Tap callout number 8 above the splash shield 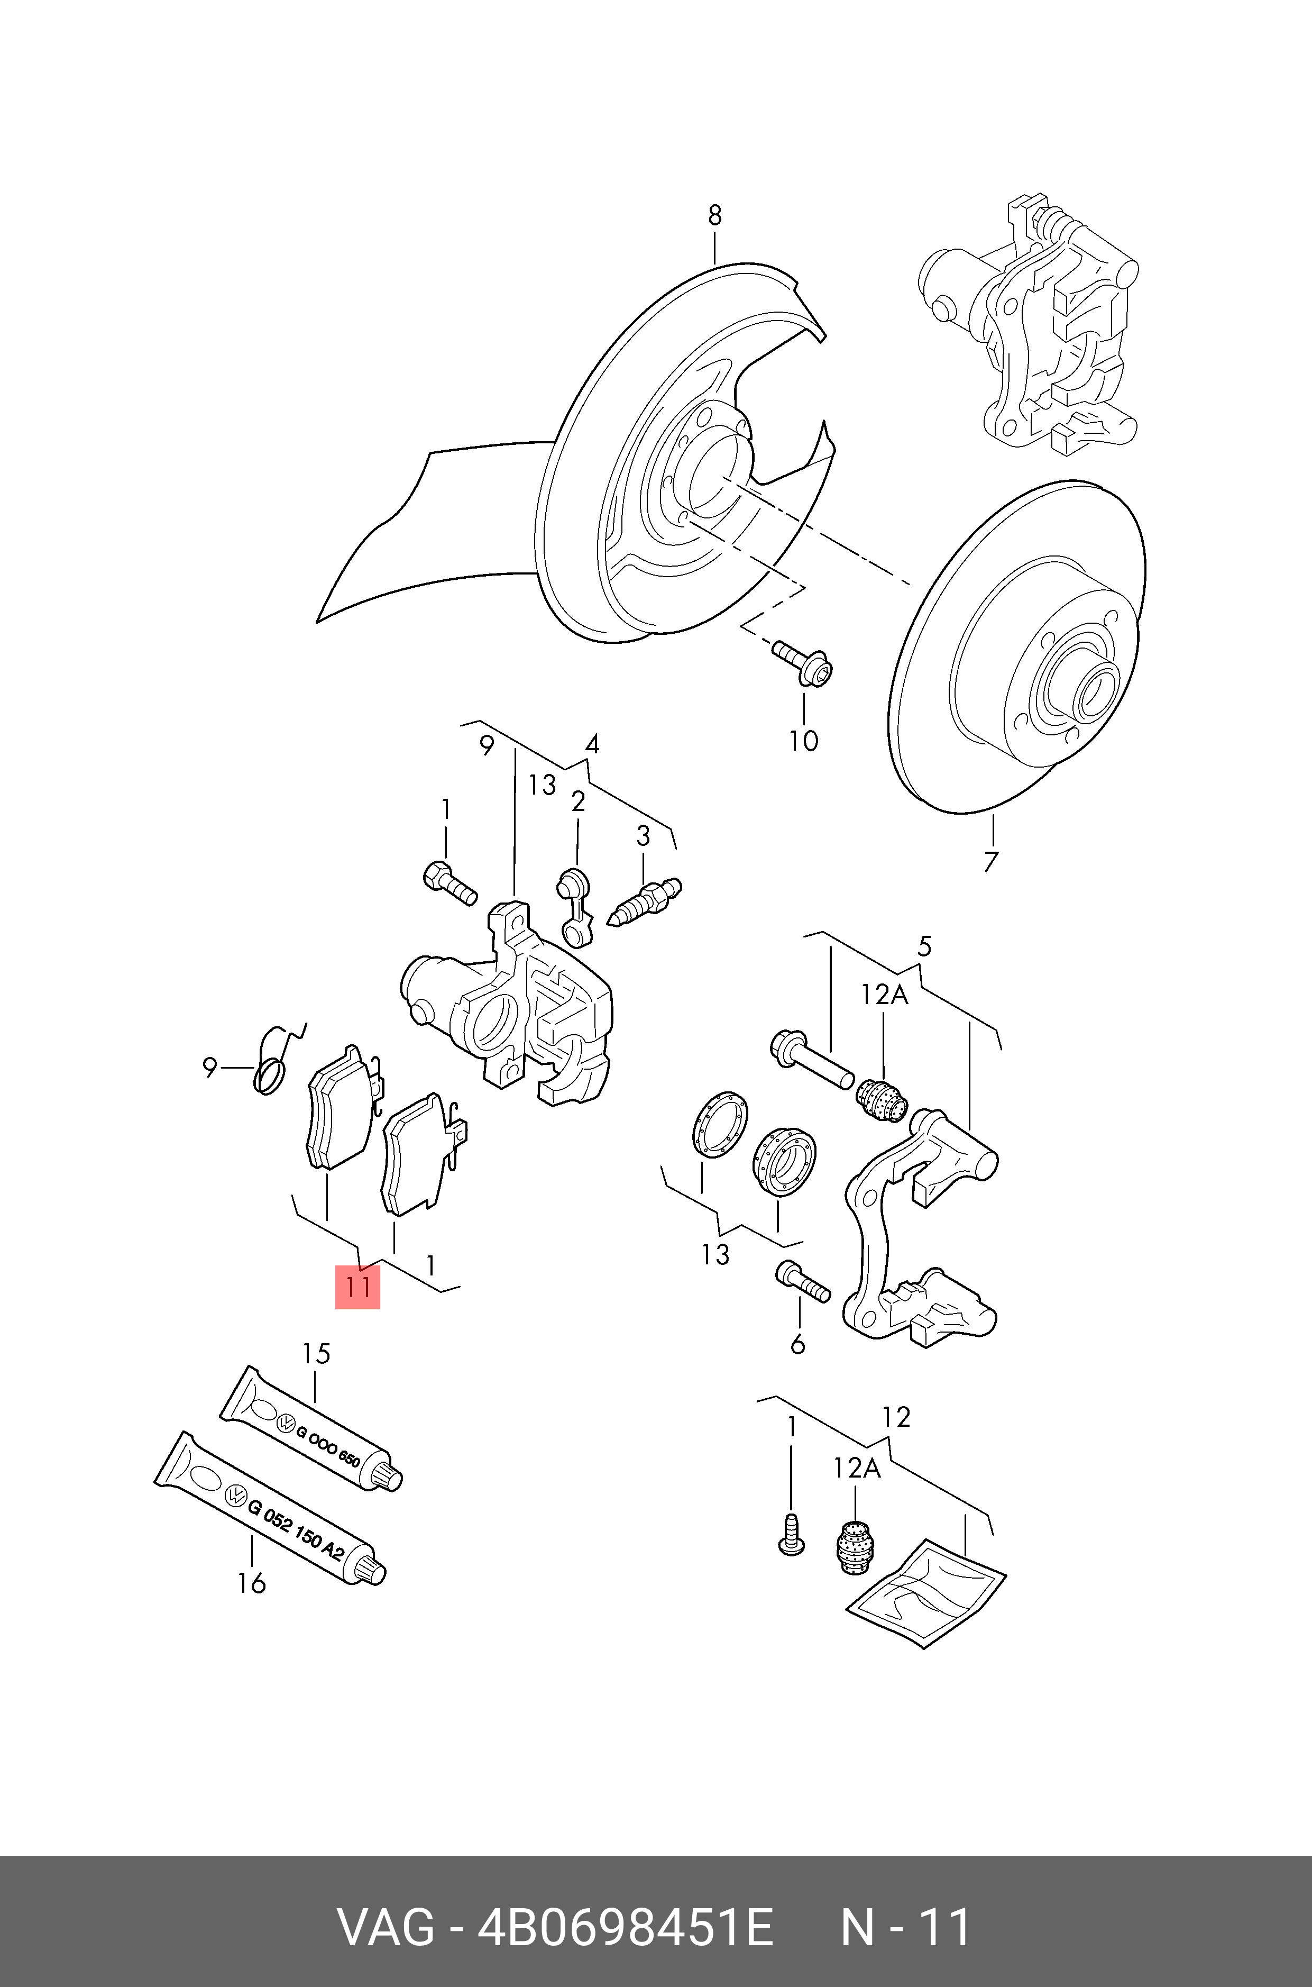coord(714,216)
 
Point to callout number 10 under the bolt coord(803,741)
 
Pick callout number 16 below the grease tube coord(251,1583)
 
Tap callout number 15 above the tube coord(316,1353)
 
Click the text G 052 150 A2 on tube coord(296,1527)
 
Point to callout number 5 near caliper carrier coord(924,946)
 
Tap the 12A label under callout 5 coord(884,995)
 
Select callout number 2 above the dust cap coord(577,802)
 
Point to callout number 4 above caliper coord(592,744)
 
